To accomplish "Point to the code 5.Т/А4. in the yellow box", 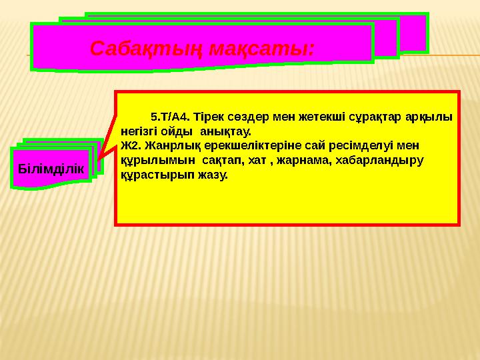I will [x=170, y=117].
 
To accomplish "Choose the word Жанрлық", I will [x=169, y=146].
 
